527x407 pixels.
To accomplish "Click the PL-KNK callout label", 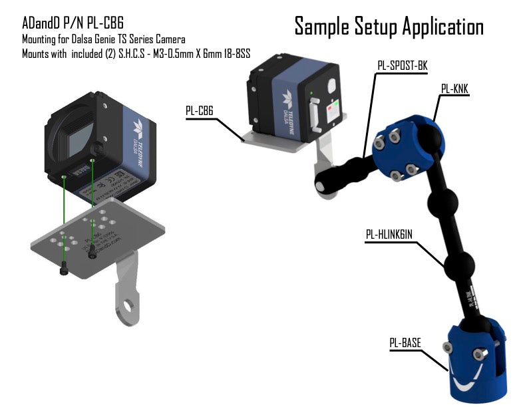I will tap(455, 88).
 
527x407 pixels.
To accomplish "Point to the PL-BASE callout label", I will tap(405, 343).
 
